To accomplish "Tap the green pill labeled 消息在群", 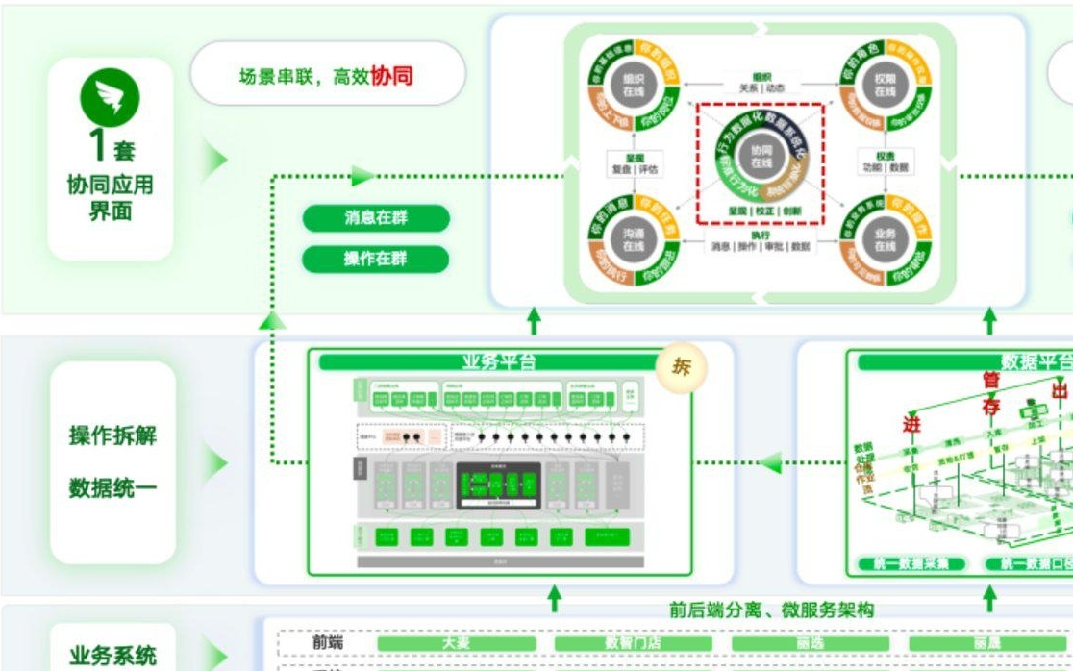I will pyautogui.click(x=376, y=218).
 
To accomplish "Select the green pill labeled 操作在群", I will pyautogui.click(x=376, y=259).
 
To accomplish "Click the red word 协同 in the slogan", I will pyautogui.click(x=391, y=75).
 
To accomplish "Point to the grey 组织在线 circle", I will pyautogui.click(x=633, y=86).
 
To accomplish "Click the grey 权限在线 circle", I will pyautogui.click(x=885, y=86).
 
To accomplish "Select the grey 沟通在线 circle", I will pyautogui.click(x=633, y=240).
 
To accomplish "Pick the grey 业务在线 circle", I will pyautogui.click(x=885, y=240).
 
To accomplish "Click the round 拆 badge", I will pyautogui.click(x=681, y=366).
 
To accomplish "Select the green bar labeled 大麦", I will pyautogui.click(x=456, y=642).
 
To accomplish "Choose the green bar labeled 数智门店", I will pyautogui.click(x=633, y=642).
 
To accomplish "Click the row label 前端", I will pyautogui.click(x=328, y=642).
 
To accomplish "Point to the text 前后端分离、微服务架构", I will pyautogui.click(x=772, y=609).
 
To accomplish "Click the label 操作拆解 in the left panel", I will pyautogui.click(x=112, y=435).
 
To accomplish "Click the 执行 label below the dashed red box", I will pyautogui.click(x=761, y=235).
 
